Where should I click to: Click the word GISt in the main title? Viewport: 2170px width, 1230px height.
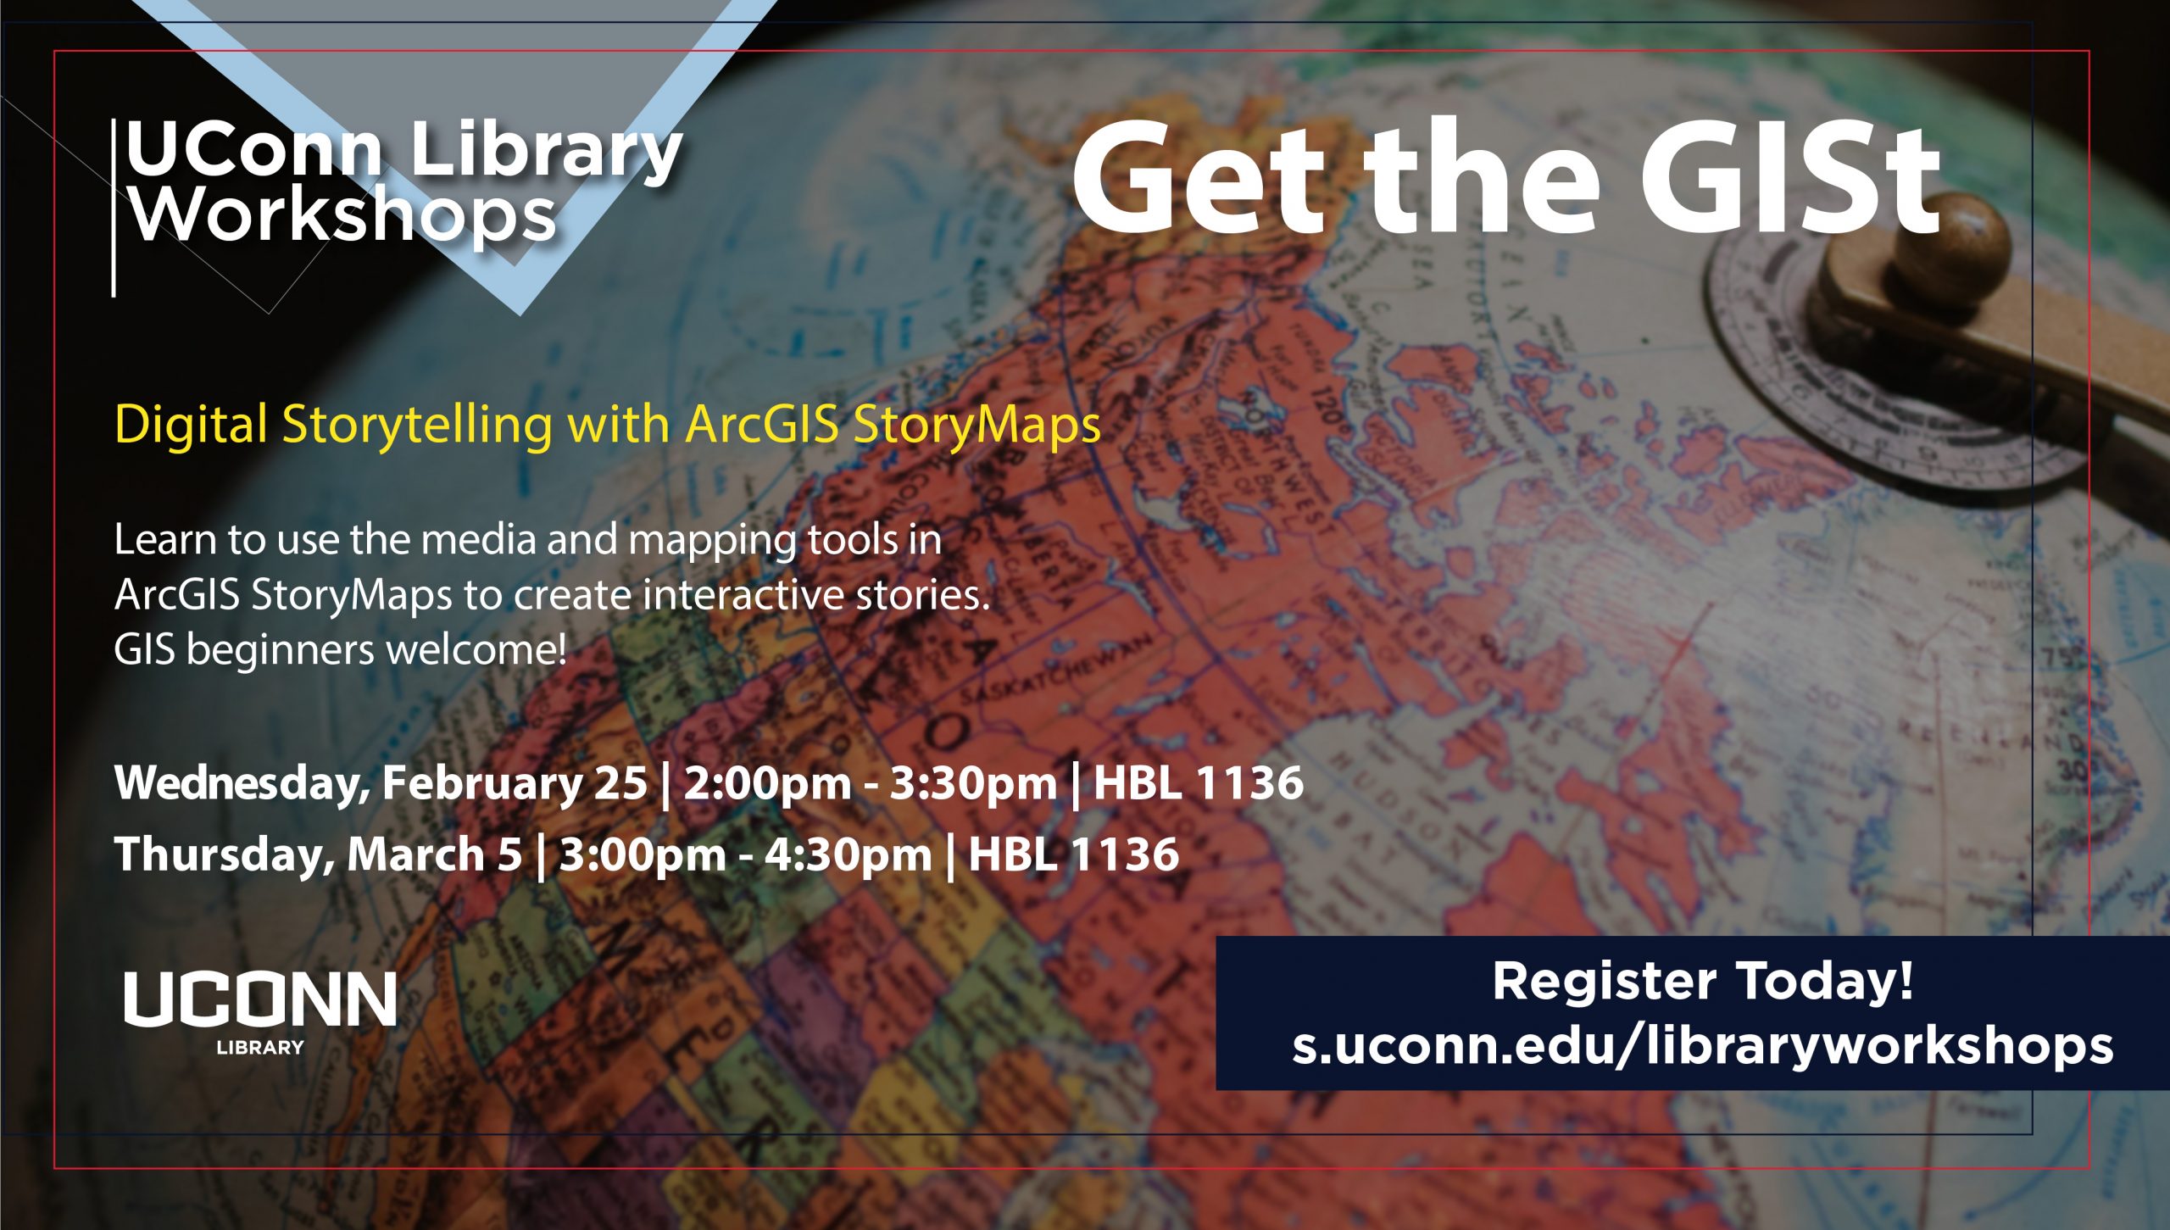(1789, 180)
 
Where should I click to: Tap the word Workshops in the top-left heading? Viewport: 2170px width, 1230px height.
(342, 215)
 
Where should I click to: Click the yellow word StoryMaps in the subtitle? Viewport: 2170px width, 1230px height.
(976, 424)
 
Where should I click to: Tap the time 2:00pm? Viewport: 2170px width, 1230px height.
(766, 782)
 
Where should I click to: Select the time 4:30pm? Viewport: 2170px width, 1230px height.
(848, 854)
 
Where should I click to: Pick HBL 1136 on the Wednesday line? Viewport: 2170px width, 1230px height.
(1198, 782)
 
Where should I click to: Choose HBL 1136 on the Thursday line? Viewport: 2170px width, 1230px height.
(1073, 854)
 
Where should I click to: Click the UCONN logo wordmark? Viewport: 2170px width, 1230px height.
(260, 999)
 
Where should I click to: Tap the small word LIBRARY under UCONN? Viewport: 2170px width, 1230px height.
(260, 1048)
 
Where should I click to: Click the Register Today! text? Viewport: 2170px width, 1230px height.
(1702, 982)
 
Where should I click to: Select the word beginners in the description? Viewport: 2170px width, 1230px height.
(285, 651)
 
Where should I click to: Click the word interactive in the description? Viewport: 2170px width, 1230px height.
(744, 595)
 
